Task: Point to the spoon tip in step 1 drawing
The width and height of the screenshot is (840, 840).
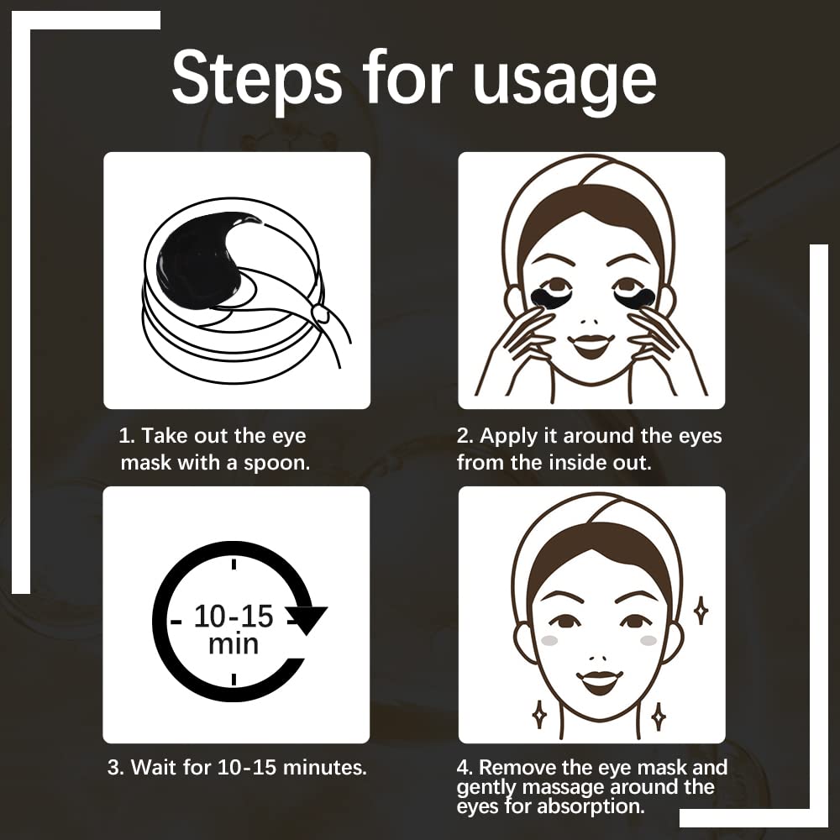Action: pos(319,314)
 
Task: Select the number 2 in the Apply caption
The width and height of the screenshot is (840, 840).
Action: pos(463,437)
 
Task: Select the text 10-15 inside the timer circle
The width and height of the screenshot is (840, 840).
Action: pos(234,617)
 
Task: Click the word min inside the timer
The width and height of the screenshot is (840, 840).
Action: pos(234,645)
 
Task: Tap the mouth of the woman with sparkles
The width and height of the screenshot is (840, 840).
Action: pos(599,681)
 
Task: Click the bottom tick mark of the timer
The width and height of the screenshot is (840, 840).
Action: pos(234,679)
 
